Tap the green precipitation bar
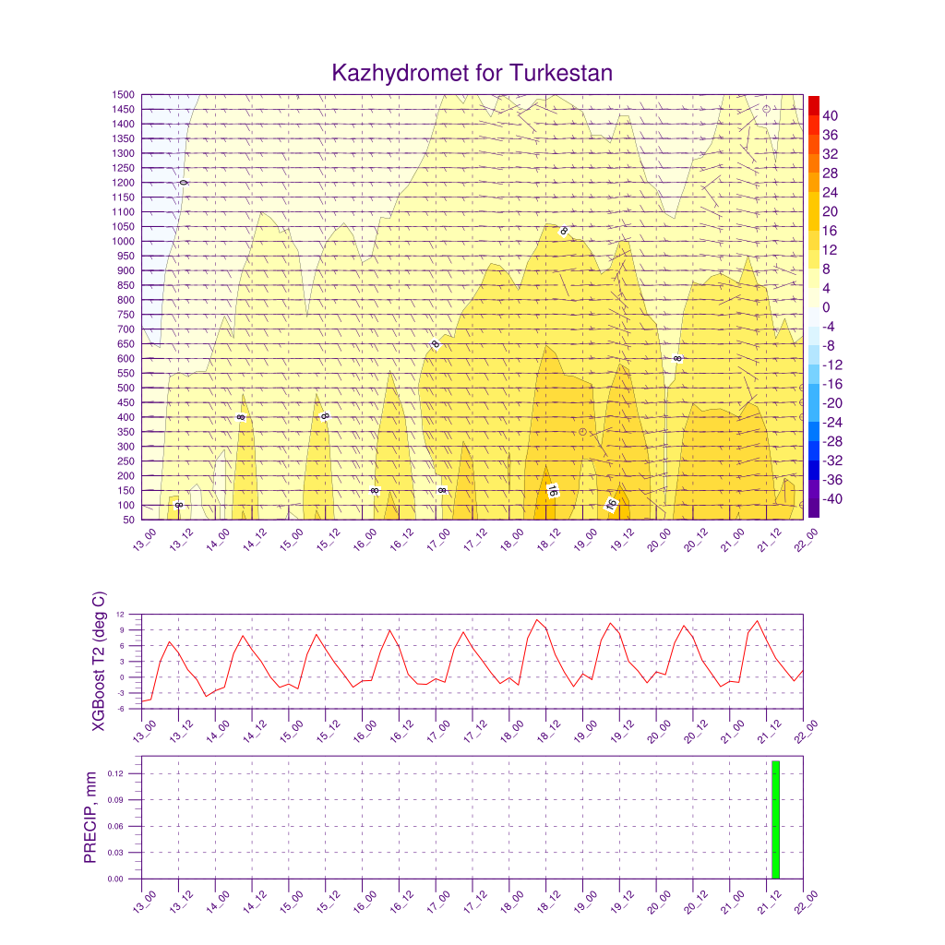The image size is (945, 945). point(775,819)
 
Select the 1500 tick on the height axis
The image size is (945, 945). point(124,95)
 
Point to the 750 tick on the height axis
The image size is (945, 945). point(126,316)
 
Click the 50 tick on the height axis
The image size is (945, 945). point(129,520)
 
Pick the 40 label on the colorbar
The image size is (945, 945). point(831,115)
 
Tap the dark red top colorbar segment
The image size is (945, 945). point(814,105)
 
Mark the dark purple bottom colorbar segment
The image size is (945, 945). point(814,498)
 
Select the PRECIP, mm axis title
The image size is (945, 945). point(90,818)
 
